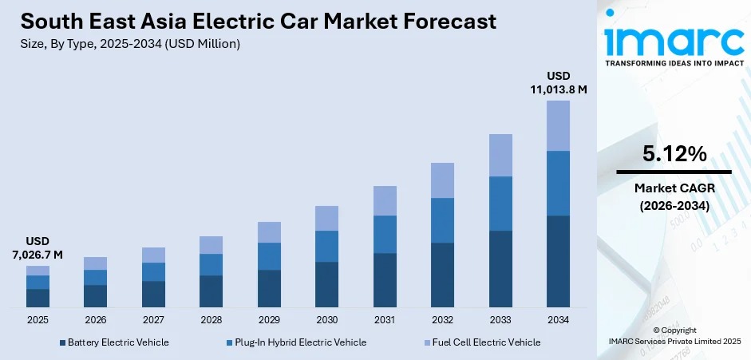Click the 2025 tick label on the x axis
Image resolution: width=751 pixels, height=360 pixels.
click(38, 319)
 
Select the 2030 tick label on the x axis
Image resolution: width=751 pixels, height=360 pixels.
click(326, 319)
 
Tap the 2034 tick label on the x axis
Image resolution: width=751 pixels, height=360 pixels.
click(558, 319)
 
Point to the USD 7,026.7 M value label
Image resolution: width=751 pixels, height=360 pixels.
click(38, 247)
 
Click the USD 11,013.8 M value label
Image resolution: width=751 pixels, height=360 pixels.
click(558, 82)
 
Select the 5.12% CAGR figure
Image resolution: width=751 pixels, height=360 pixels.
click(674, 155)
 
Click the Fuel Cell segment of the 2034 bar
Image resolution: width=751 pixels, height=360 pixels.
click(558, 125)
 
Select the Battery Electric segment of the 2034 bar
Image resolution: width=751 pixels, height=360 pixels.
click(558, 261)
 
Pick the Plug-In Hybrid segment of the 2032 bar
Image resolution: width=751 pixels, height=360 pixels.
click(442, 220)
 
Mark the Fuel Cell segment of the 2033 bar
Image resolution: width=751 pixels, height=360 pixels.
click(500, 155)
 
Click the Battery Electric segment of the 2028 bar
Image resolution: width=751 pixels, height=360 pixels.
click(211, 291)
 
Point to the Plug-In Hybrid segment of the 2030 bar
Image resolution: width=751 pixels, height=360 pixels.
click(326, 246)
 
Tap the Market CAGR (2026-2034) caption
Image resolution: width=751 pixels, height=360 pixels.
click(674, 196)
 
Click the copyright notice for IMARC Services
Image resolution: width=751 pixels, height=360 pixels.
click(674, 335)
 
